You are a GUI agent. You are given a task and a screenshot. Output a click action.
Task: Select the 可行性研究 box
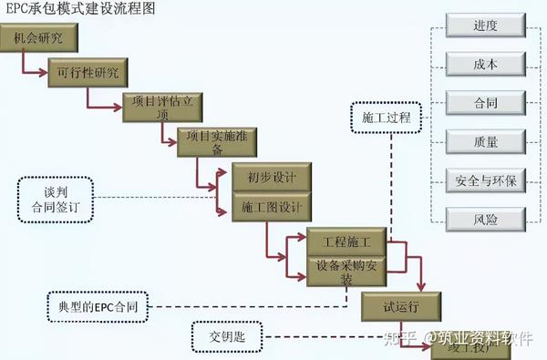88,72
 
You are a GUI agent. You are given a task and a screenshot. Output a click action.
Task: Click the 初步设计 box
265,176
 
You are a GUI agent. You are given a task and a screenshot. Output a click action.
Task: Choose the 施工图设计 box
265,207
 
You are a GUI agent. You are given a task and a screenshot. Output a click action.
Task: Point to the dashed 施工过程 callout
387,118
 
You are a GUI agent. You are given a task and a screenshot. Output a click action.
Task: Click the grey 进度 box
485,26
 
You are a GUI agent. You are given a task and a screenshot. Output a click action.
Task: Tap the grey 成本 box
485,65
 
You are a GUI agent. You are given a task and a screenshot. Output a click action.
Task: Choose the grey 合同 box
485,103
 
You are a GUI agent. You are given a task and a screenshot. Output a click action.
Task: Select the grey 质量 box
485,141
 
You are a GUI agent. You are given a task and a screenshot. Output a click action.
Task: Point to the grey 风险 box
485,219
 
